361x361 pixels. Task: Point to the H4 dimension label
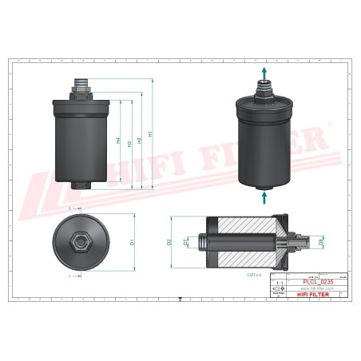point(118,141)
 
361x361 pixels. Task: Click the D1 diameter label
point(131,237)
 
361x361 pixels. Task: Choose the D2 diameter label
point(169,240)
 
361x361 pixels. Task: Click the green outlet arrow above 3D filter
point(264,73)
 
